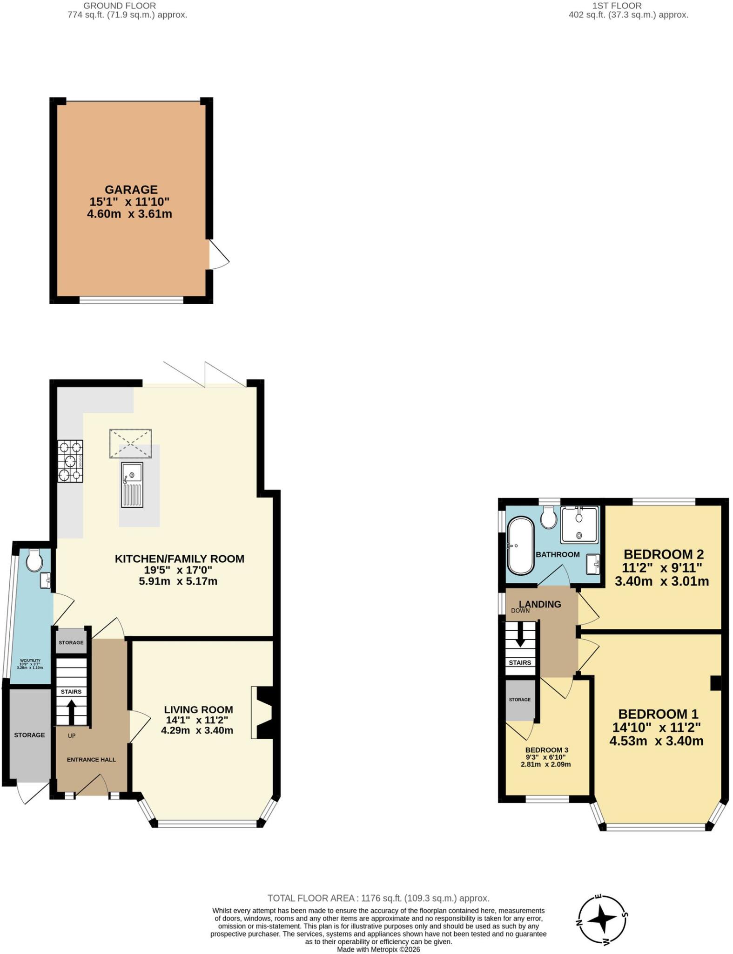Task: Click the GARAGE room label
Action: click(x=131, y=190)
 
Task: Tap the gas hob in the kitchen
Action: click(x=70, y=461)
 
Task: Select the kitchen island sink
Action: click(x=132, y=484)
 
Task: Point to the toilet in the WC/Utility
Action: click(x=34, y=560)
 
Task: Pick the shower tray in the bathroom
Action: click(x=579, y=525)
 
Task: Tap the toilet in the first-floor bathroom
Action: click(x=549, y=518)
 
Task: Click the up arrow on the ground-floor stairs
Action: click(x=72, y=711)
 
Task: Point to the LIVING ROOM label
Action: click(x=198, y=709)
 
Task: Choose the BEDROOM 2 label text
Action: click(x=664, y=554)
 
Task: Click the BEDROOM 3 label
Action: click(x=547, y=750)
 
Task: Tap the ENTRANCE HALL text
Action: click(x=91, y=759)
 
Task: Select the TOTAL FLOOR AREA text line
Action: click(x=378, y=898)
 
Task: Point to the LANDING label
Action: click(x=540, y=604)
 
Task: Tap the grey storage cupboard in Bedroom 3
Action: click(x=520, y=700)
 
